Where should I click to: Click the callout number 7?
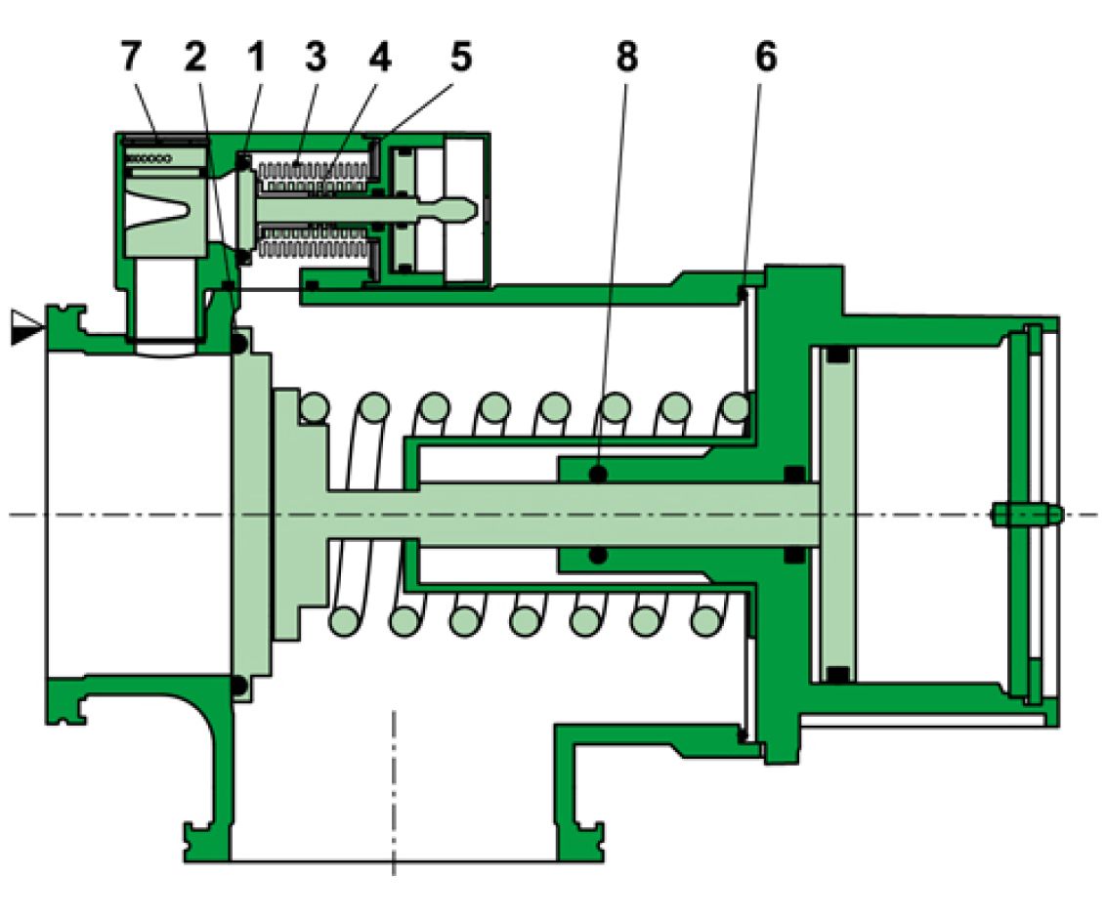click(x=129, y=58)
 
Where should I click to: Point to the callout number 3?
click(x=315, y=58)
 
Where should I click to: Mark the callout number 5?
click(x=459, y=58)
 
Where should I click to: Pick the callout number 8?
click(x=626, y=58)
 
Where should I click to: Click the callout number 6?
click(x=765, y=58)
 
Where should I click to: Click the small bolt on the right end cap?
click(x=1023, y=514)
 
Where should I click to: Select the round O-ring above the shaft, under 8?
click(x=598, y=474)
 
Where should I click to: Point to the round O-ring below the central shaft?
click(x=598, y=555)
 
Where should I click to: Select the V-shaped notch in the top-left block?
click(x=167, y=208)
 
